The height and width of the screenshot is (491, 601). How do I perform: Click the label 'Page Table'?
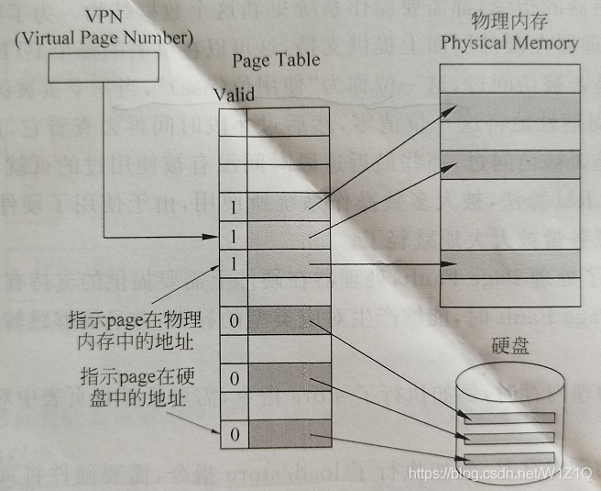pyautogui.click(x=276, y=61)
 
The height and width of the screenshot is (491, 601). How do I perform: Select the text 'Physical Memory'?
pyautogui.click(x=509, y=43)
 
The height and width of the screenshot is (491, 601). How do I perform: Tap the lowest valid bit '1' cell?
pyautogui.click(x=234, y=264)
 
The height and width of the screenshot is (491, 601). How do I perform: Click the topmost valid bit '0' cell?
pyautogui.click(x=234, y=321)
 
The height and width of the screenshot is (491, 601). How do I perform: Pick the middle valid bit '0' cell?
pyautogui.click(x=234, y=378)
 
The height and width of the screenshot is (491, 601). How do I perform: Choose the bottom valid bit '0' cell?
pyautogui.click(x=234, y=433)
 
